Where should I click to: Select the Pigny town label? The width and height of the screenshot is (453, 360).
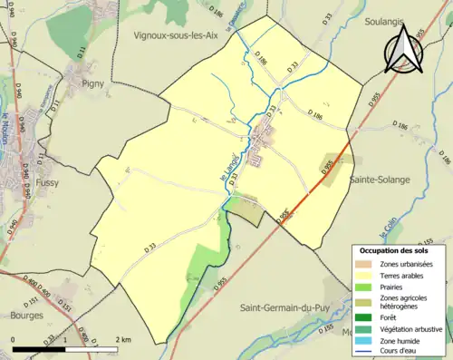pos(93,83)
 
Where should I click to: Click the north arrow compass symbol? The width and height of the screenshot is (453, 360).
pos(404,50)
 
